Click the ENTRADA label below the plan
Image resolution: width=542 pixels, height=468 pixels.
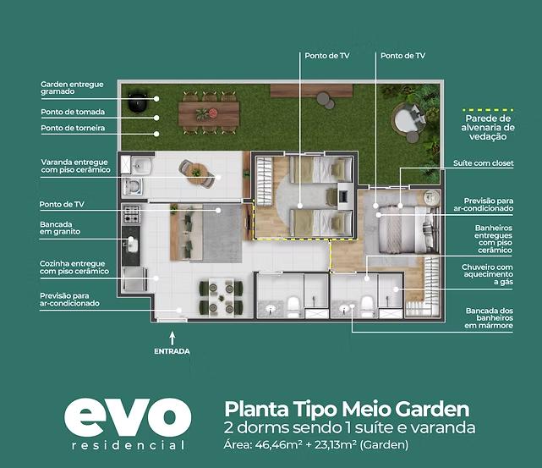pyautogui.click(x=172, y=351)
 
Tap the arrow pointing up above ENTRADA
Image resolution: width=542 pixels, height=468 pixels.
pyautogui.click(x=172, y=339)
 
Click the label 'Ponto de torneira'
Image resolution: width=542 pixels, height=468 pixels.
pyautogui.click(x=73, y=128)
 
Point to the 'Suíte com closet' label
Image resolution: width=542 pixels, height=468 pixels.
pyautogui.click(x=484, y=163)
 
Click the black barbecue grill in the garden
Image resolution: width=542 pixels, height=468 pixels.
pyautogui.click(x=138, y=101)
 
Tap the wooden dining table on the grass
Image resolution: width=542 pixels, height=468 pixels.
pyautogui.click(x=209, y=113)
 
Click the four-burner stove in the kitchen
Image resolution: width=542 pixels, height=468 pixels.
pyautogui.click(x=132, y=214)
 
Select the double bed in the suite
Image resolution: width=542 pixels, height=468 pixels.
pyautogui.click(x=404, y=229)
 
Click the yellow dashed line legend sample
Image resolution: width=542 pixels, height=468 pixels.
pyautogui.click(x=488, y=110)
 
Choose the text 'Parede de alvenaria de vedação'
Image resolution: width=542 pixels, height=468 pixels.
pyautogui.click(x=488, y=127)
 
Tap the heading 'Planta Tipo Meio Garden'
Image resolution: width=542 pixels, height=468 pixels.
pyautogui.click(x=347, y=410)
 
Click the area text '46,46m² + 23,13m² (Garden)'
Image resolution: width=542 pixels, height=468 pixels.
pyautogui.click(x=331, y=444)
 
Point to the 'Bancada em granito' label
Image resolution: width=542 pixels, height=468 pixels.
pyautogui.click(x=60, y=228)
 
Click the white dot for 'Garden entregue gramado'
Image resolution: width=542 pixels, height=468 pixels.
pyautogui.click(x=156, y=99)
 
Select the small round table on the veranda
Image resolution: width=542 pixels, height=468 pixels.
pyautogui.click(x=197, y=173)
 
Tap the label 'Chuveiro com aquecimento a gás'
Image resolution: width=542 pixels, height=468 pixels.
pyautogui.click(x=487, y=274)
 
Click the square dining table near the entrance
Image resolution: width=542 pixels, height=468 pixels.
pyautogui.click(x=222, y=298)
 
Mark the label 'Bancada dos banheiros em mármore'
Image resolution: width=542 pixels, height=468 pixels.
pyautogui.click(x=489, y=318)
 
